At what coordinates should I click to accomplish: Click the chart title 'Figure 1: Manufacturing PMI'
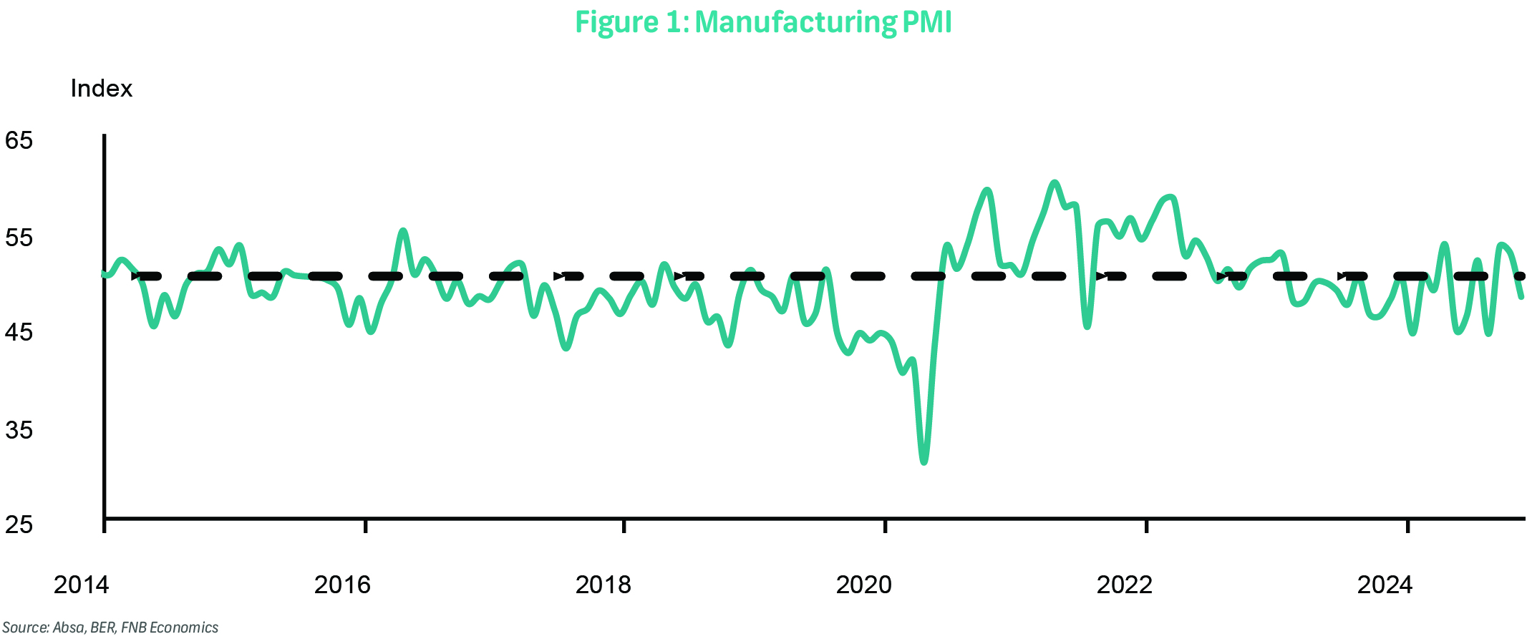coord(763,22)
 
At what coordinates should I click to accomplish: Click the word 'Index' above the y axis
coord(101,89)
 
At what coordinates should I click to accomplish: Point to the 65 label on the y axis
coord(19,140)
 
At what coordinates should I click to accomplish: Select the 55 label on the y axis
coord(19,238)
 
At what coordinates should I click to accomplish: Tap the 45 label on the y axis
coord(19,333)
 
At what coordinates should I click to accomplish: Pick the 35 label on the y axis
coord(19,430)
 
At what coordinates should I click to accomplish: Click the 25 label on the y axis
coord(19,525)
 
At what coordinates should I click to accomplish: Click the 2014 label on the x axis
coord(81,585)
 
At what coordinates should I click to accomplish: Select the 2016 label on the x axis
coord(342,585)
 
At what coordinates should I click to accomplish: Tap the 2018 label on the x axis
coord(603,585)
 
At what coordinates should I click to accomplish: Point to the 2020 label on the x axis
coord(864,585)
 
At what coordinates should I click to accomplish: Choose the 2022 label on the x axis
coord(1125,585)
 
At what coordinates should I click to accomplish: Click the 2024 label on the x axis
coord(1385,585)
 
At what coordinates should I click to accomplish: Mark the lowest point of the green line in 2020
coord(924,462)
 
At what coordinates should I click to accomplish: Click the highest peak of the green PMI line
coord(1054,183)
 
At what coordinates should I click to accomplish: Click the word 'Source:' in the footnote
coord(25,628)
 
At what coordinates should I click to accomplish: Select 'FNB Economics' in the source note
coord(170,628)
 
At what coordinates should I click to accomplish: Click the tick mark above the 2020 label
coord(886,526)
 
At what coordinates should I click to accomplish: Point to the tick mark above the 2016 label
coord(365,526)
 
